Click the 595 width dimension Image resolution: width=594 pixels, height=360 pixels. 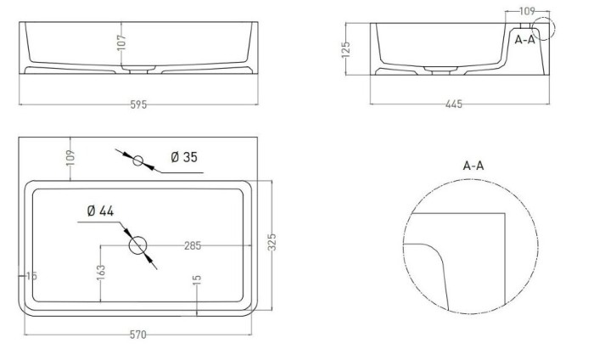(138, 104)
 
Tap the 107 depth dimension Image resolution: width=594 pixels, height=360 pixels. (121, 42)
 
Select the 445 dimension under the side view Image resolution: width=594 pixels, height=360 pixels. (454, 104)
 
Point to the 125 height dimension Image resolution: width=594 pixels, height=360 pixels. (346, 49)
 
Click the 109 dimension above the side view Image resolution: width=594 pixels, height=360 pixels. (527, 11)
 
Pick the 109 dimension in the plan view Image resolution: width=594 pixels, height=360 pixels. (70, 158)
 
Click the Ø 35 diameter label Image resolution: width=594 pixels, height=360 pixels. (184, 157)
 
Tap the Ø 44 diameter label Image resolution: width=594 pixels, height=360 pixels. (100, 211)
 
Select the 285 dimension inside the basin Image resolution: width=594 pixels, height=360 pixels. (193, 245)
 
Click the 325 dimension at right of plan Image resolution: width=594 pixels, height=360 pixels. (272, 242)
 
